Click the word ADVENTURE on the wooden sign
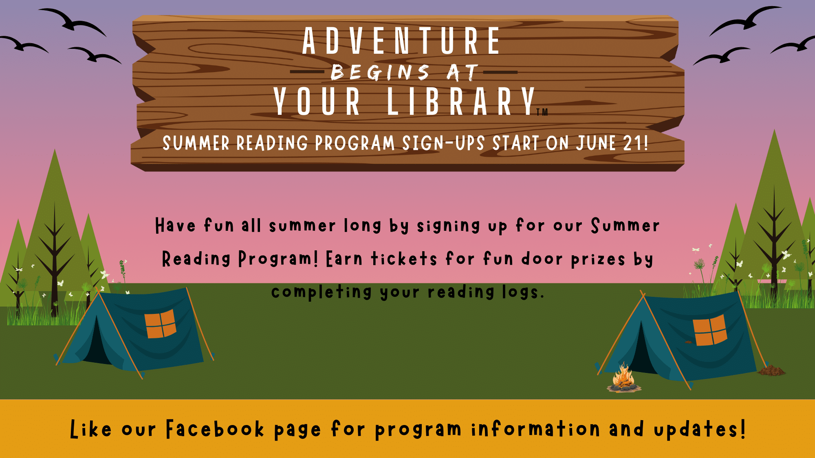401,41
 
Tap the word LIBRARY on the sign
460,101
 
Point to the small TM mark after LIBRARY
542,112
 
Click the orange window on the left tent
161,324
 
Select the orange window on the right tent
710,330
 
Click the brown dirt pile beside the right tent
771,370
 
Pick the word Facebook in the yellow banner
215,430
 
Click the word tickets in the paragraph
404,259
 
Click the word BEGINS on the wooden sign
380,73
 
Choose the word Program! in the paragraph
278,259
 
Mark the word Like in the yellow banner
90,430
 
